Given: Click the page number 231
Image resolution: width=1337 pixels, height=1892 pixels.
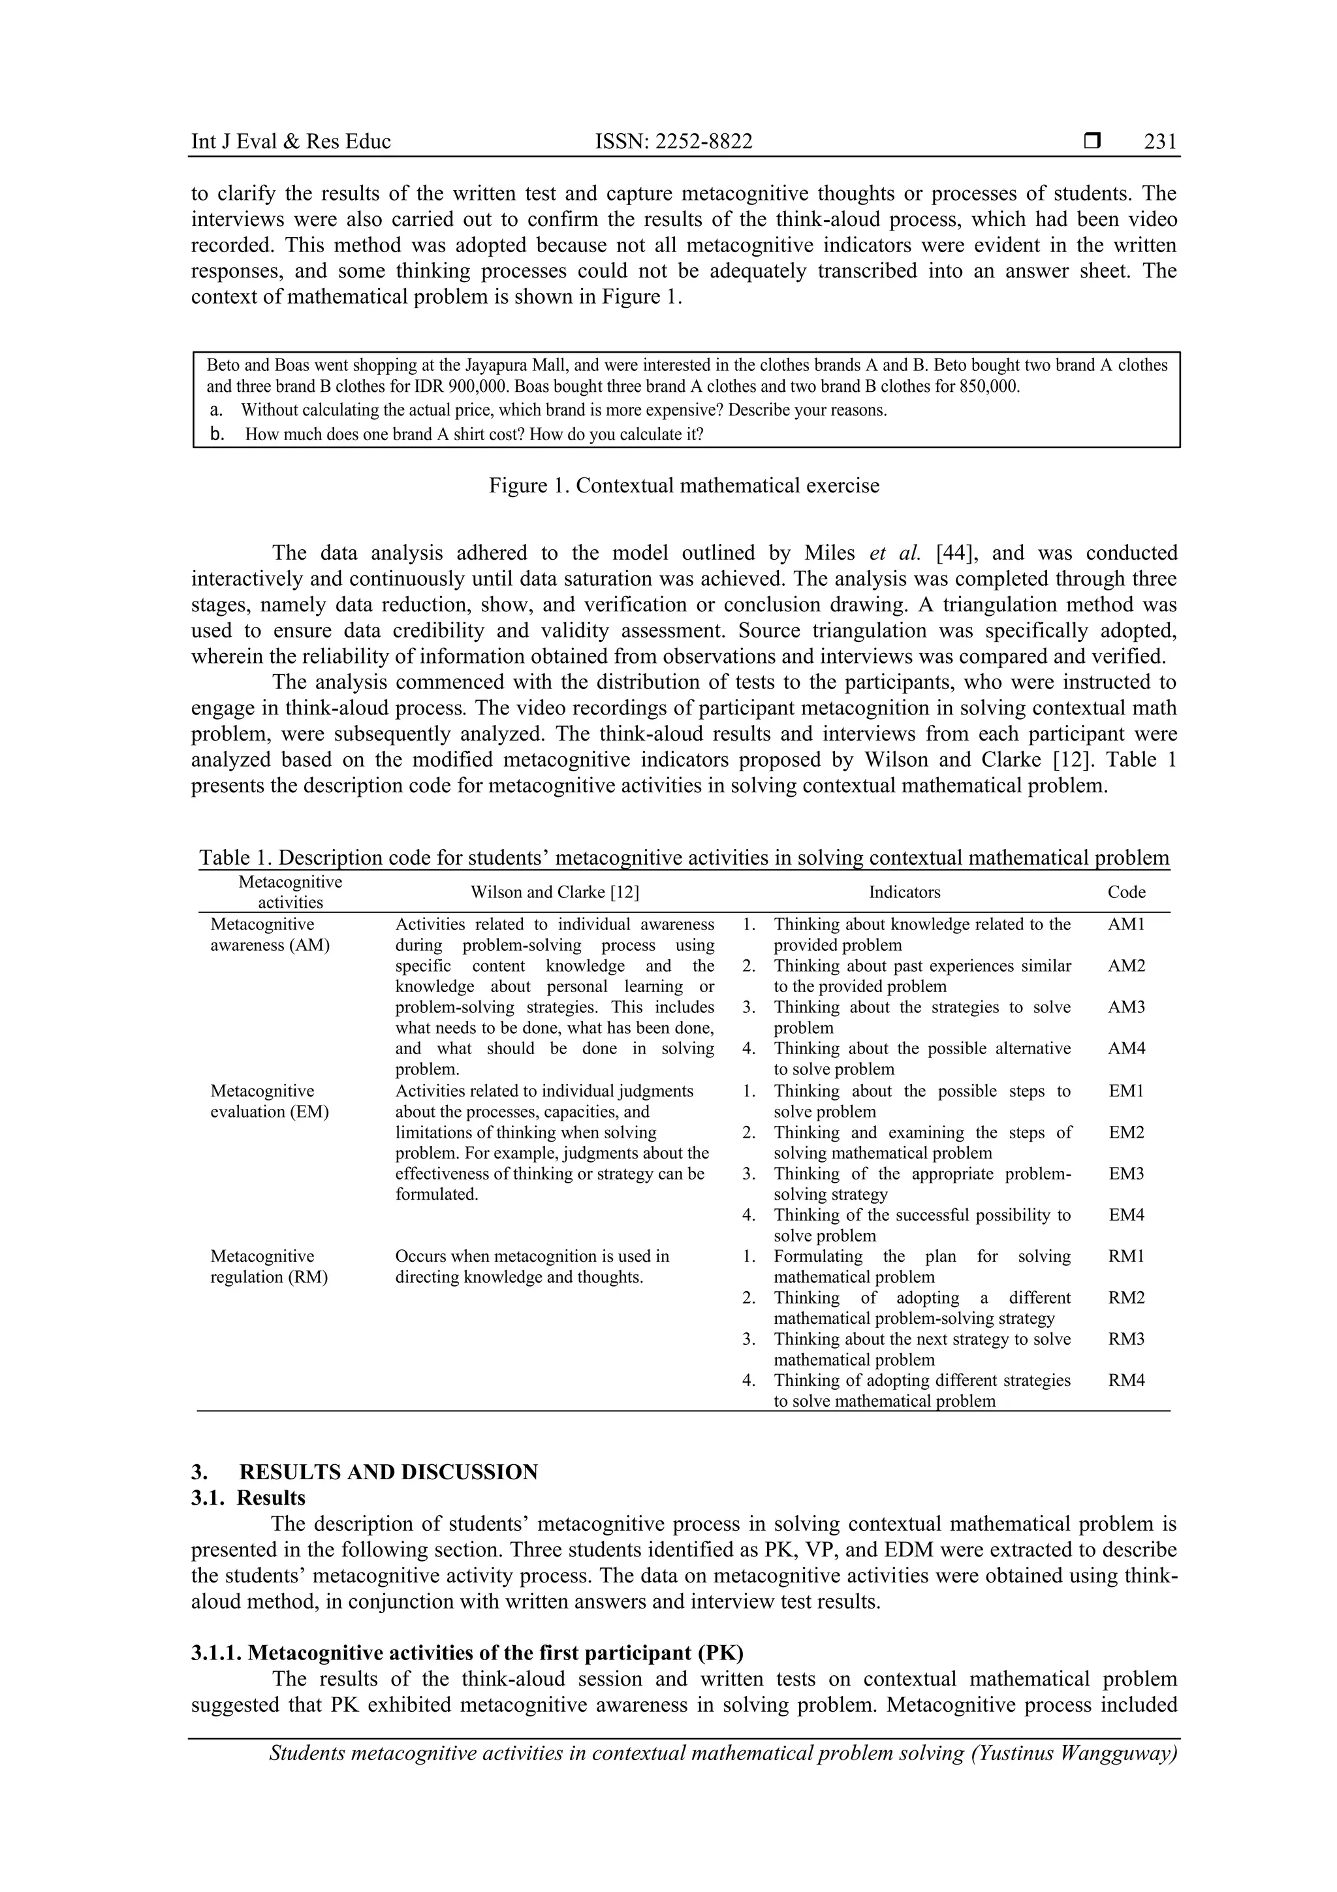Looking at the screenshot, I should [x=1160, y=142].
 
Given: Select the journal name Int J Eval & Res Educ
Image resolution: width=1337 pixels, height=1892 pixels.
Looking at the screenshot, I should [x=291, y=142].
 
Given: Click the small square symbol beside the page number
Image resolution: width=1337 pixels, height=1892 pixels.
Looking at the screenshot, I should [x=1092, y=141].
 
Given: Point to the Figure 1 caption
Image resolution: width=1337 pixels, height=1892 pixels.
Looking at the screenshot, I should [x=684, y=485].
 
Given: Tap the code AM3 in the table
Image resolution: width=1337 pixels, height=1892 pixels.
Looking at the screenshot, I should [x=1126, y=1007].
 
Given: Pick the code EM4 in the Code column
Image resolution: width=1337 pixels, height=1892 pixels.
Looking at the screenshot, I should [x=1126, y=1215].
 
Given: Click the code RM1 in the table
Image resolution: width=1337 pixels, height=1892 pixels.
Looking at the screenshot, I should [x=1126, y=1256].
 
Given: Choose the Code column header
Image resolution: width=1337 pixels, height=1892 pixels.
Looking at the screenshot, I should [x=1126, y=891].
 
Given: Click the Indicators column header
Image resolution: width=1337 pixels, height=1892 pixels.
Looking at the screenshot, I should [x=905, y=891].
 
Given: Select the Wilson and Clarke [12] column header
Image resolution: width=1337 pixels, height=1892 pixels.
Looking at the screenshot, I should [x=554, y=891].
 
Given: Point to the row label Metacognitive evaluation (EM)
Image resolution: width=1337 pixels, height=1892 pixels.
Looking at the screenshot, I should [x=270, y=1101].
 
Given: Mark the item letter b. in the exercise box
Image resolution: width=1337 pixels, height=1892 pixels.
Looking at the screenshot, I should [x=217, y=434].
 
